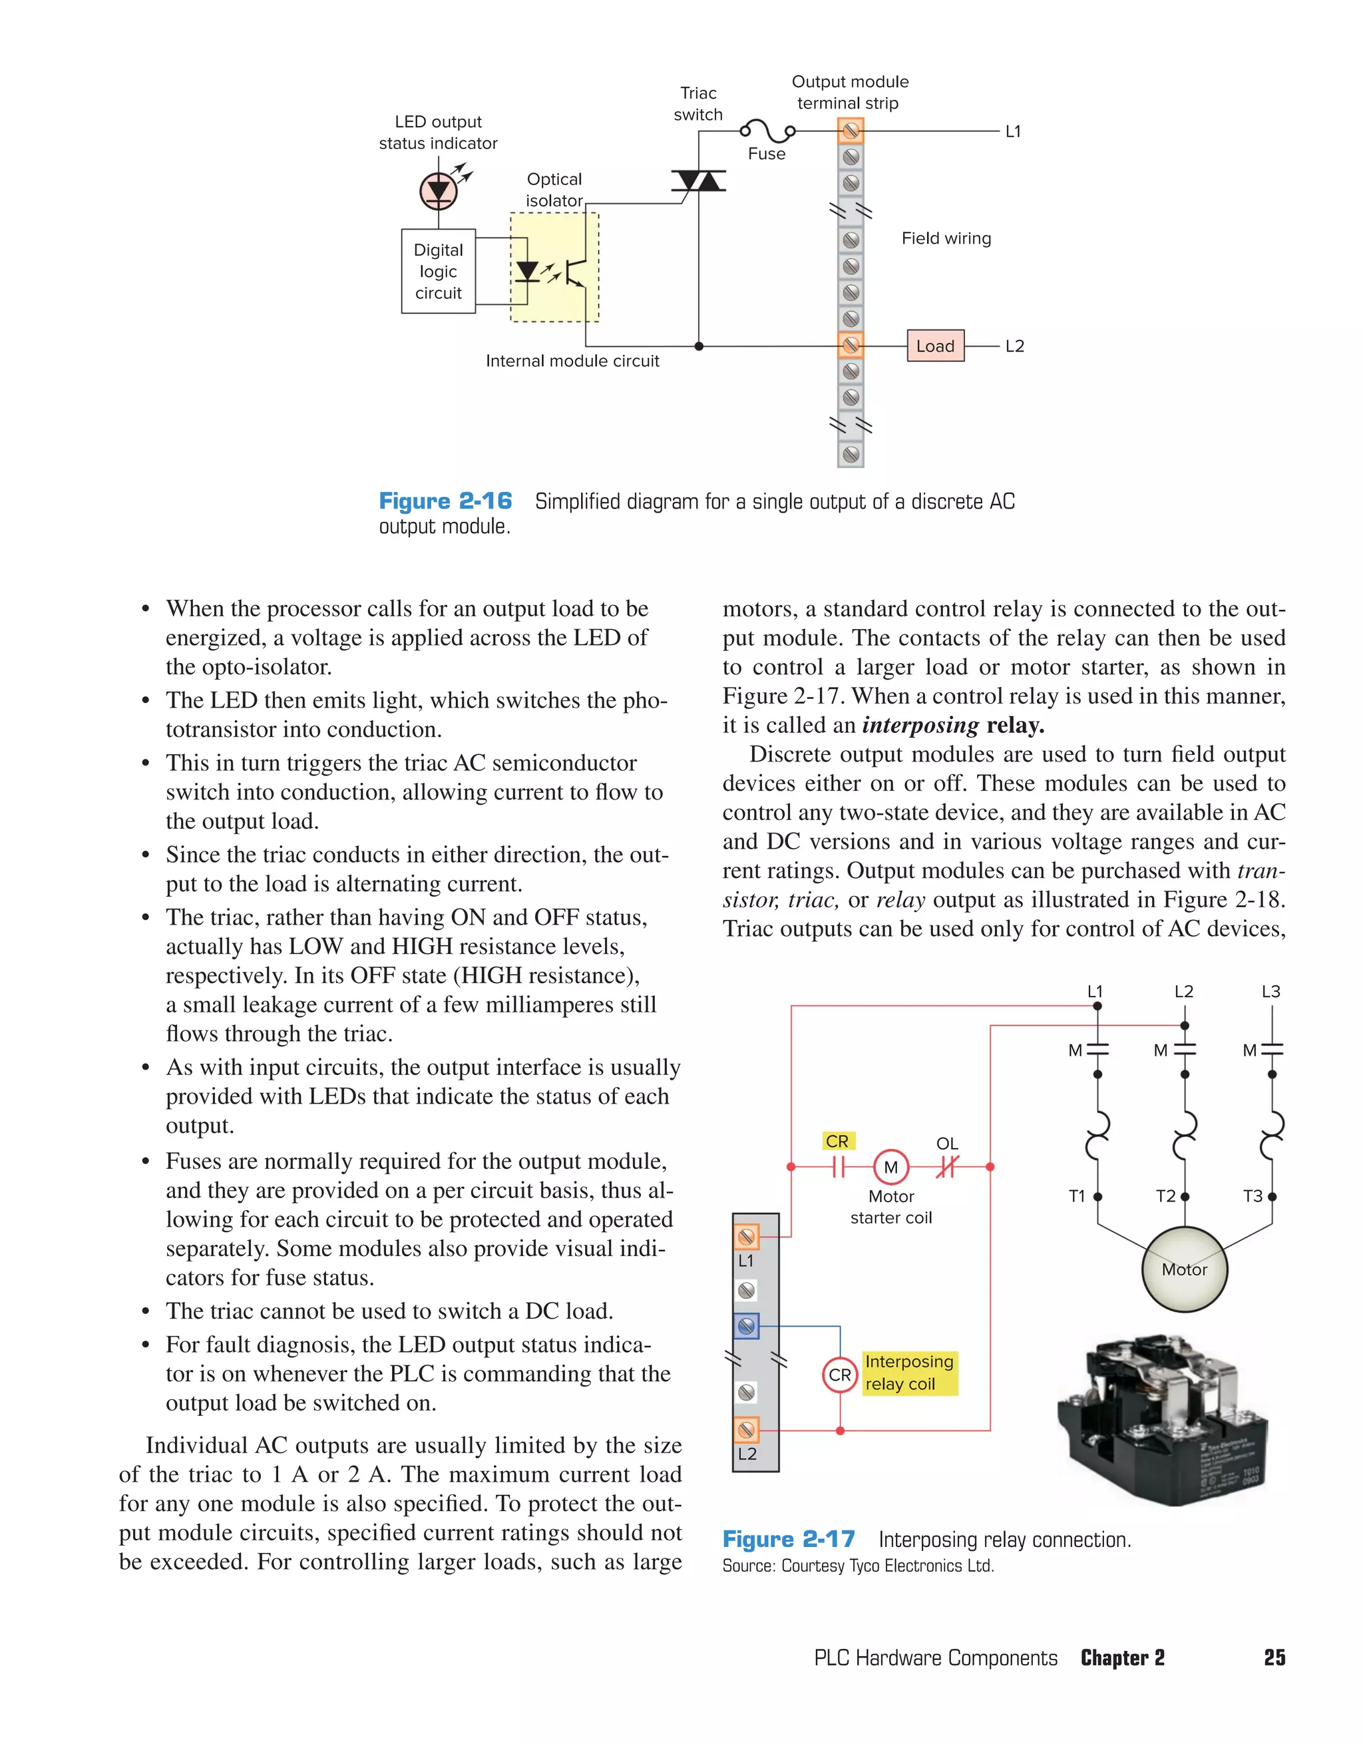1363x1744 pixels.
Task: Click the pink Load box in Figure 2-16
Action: click(935, 345)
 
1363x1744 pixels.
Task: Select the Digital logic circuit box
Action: click(439, 272)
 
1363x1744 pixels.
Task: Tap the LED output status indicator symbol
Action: click(439, 191)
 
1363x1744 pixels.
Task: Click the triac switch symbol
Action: click(698, 181)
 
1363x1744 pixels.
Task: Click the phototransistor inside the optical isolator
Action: click(576, 272)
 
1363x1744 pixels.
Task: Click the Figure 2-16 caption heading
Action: click(445, 501)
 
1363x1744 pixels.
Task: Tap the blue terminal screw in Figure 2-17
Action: click(747, 1327)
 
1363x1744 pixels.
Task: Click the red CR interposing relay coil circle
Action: click(839, 1375)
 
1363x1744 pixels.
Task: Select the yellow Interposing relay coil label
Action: click(910, 1372)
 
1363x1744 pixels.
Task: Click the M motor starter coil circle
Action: click(890, 1167)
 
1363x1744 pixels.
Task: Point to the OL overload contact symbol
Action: click(946, 1167)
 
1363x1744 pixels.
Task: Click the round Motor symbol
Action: click(1184, 1269)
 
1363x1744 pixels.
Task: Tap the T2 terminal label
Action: click(1166, 1196)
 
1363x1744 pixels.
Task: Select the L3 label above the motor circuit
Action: click(1270, 991)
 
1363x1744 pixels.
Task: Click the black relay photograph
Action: click(1163, 1419)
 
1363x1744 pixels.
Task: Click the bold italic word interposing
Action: click(920, 725)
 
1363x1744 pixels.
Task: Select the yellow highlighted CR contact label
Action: click(838, 1141)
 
